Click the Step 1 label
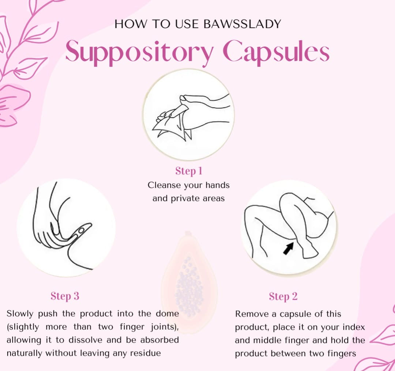point(189,171)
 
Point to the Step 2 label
point(283,296)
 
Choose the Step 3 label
point(65,296)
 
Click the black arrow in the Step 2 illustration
point(288,249)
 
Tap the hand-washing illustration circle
point(188,114)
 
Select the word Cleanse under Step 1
point(164,185)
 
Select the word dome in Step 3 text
point(168,314)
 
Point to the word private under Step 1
point(186,199)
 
